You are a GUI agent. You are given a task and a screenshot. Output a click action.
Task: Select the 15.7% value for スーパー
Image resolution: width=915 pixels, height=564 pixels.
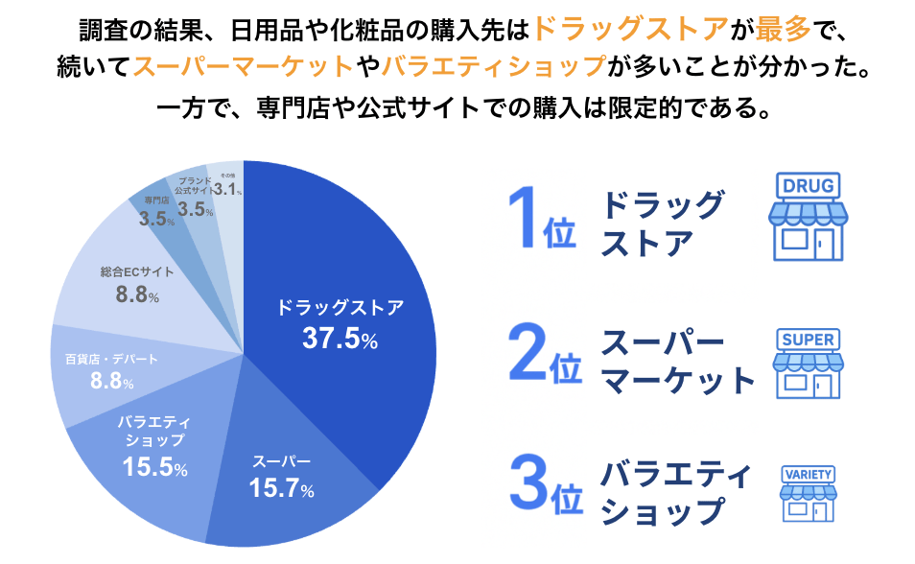tap(281, 488)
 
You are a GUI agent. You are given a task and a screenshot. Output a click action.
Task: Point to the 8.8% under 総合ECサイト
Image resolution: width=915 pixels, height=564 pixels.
tap(137, 295)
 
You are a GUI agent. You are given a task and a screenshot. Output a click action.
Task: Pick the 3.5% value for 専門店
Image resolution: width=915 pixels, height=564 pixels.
tap(156, 219)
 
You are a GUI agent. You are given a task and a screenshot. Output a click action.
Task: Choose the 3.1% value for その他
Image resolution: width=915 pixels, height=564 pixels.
tap(227, 190)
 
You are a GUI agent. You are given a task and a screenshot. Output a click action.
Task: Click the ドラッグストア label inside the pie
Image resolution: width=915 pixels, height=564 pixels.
tap(340, 308)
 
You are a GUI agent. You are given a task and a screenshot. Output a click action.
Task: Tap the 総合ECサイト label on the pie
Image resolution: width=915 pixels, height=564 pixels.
tap(137, 271)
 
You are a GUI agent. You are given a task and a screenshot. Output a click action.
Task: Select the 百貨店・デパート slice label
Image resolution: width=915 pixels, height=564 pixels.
tap(111, 359)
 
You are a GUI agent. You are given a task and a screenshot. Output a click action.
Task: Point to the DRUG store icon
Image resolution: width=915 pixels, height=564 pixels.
tap(807, 218)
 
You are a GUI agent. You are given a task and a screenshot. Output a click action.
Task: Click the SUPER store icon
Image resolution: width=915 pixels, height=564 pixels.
tap(808, 365)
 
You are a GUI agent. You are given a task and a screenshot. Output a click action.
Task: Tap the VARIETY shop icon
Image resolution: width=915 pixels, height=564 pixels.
tap(808, 495)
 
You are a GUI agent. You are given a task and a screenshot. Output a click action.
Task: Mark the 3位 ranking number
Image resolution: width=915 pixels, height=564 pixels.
tap(545, 490)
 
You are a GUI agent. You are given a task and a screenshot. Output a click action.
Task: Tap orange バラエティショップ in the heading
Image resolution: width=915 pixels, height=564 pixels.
tap(494, 66)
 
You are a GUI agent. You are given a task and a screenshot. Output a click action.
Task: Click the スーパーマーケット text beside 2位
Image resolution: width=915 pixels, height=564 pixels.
tap(677, 363)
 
